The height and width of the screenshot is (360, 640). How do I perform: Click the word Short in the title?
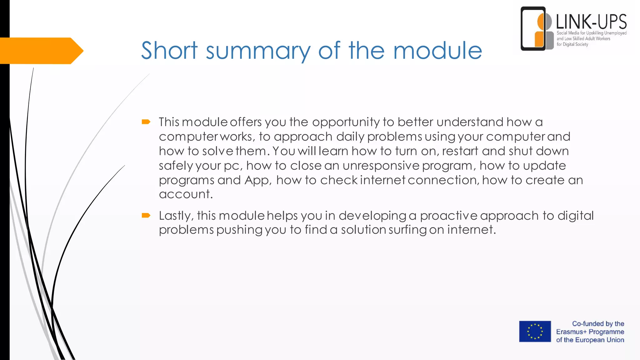[169, 50]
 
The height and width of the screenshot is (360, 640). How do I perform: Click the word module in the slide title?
[437, 50]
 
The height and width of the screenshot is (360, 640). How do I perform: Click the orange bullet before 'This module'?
[146, 122]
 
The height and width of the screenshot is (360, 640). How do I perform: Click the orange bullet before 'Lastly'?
[146, 215]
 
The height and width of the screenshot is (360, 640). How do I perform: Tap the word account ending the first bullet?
[186, 194]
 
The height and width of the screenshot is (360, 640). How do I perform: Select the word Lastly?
[176, 216]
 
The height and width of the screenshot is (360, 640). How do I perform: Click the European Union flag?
[535, 331]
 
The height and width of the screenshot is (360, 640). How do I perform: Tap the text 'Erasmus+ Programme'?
[590, 332]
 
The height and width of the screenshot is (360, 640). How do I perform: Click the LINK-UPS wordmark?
[591, 22]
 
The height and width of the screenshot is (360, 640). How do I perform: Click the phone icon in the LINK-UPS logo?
[533, 29]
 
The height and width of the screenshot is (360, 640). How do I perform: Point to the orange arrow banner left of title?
[41, 51]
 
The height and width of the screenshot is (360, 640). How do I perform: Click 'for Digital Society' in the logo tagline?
[572, 44]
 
